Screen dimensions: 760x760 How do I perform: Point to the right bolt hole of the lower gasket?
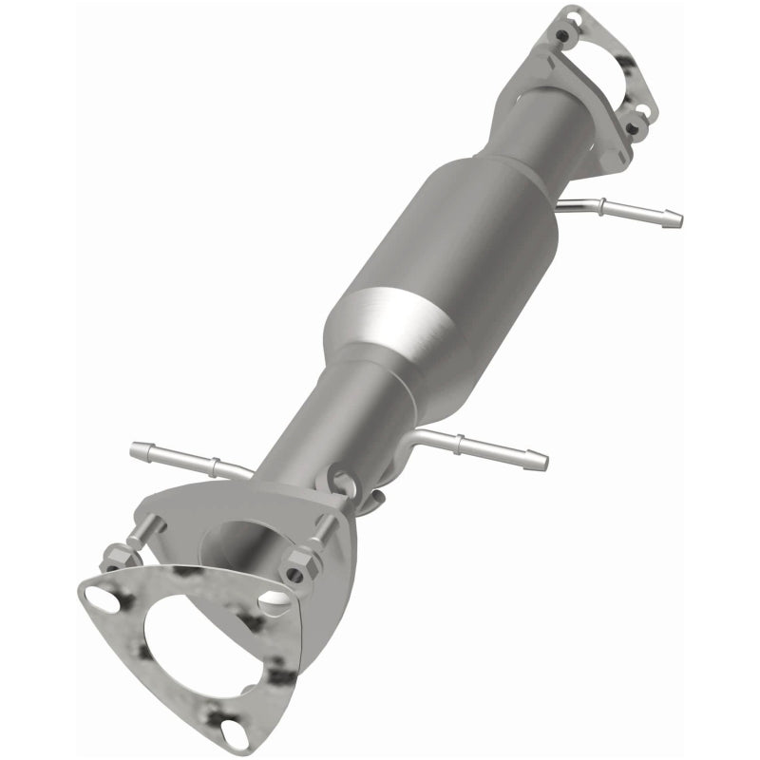tap(275, 600)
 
